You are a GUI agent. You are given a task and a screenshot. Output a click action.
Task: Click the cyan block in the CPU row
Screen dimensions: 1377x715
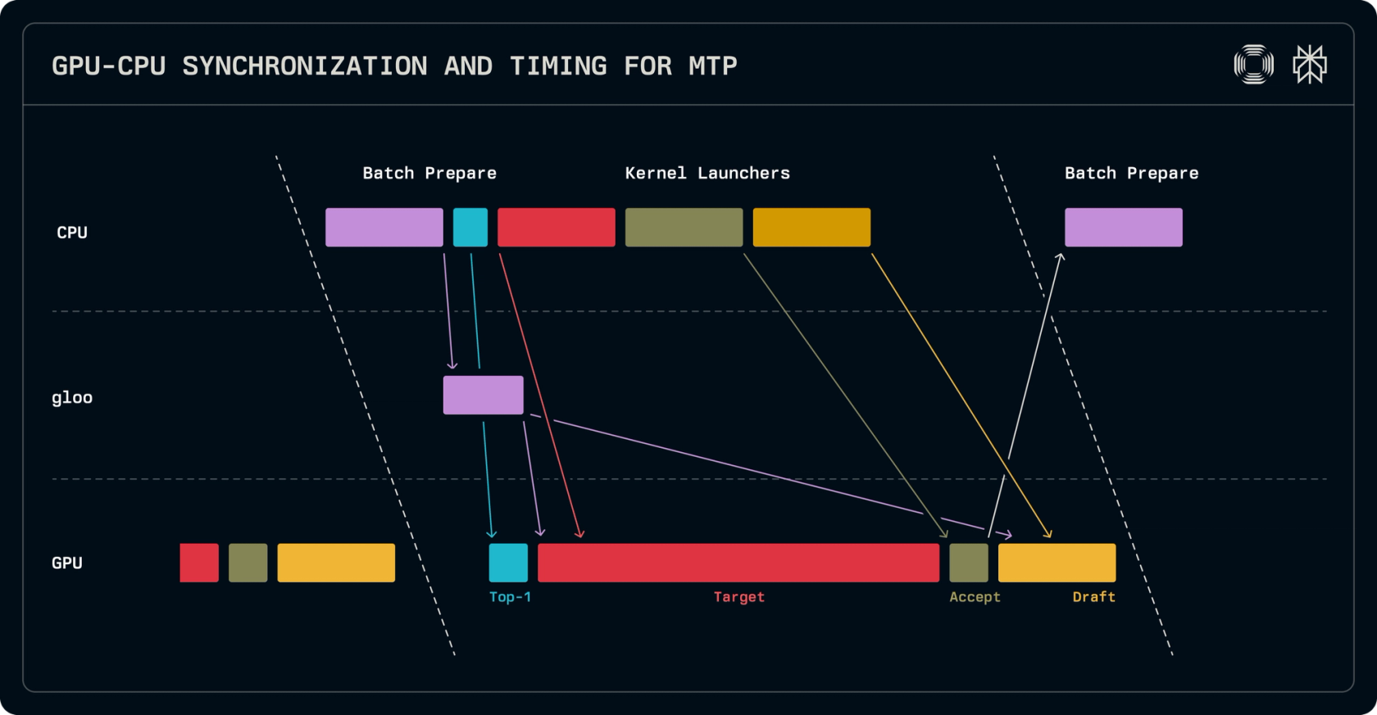click(x=470, y=228)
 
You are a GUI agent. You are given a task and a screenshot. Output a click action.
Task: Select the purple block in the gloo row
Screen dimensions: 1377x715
click(x=484, y=395)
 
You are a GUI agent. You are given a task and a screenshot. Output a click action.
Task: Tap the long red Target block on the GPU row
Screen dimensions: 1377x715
click(x=738, y=563)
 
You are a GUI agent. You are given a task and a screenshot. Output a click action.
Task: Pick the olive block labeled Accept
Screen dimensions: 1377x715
click(x=969, y=563)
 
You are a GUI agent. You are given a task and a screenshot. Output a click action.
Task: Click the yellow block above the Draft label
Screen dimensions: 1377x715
click(x=1057, y=563)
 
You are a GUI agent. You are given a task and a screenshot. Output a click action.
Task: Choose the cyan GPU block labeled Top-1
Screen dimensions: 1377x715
click(x=508, y=563)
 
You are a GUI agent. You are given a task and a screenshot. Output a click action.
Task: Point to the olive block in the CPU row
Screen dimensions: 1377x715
click(x=684, y=228)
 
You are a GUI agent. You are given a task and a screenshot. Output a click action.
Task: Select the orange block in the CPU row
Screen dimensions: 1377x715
click(x=811, y=228)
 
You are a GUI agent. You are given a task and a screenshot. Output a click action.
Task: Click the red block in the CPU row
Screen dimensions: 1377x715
click(x=557, y=228)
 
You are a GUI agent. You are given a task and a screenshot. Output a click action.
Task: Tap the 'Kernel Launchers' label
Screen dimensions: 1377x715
click(x=707, y=174)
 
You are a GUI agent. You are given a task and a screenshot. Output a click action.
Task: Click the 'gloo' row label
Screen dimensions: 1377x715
click(x=72, y=398)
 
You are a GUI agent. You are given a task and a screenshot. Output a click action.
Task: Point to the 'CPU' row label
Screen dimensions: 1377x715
click(x=72, y=233)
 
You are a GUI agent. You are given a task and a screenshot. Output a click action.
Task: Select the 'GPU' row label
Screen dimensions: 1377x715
click(x=67, y=563)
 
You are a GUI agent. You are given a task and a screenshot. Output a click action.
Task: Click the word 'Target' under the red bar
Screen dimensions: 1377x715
click(x=739, y=597)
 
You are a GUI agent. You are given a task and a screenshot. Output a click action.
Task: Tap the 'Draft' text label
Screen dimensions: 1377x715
click(x=1094, y=597)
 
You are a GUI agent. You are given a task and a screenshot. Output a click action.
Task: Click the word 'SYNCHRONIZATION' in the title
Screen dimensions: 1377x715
click(x=305, y=66)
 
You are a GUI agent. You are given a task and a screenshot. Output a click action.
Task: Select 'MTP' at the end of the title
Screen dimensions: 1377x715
click(x=713, y=66)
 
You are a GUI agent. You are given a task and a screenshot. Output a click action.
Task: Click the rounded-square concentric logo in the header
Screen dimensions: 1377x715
click(x=1253, y=64)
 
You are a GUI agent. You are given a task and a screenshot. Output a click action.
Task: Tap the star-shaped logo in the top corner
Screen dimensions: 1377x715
click(x=1310, y=64)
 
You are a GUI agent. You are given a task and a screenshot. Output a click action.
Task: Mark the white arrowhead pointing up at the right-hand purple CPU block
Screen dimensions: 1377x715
click(x=1061, y=257)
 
